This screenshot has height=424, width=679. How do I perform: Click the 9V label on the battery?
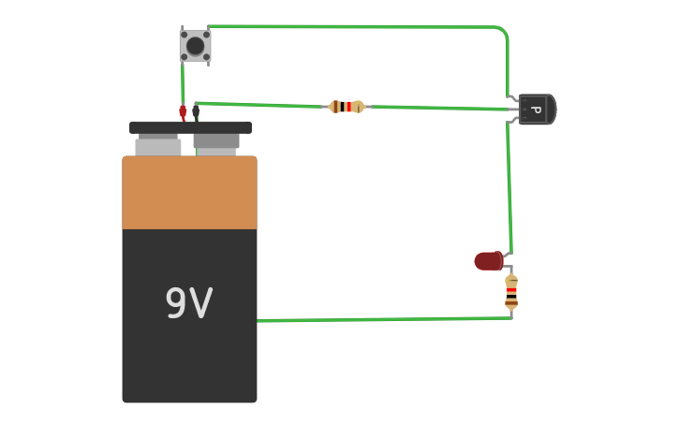click(x=189, y=303)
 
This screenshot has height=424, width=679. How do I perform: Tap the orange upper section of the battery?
click(x=189, y=193)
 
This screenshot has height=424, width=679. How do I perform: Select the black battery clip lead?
click(x=196, y=112)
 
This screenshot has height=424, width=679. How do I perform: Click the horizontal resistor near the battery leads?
click(x=347, y=107)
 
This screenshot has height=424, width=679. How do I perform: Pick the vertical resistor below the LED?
click(x=511, y=292)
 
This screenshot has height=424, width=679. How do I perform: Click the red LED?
click(x=488, y=261)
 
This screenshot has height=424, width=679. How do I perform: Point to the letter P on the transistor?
click(x=536, y=110)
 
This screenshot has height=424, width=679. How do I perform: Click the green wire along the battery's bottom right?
click(x=384, y=319)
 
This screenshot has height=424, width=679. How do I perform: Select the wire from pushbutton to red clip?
click(x=183, y=84)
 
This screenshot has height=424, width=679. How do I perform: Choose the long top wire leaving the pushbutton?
click(x=356, y=26)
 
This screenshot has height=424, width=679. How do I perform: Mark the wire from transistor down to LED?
click(x=509, y=187)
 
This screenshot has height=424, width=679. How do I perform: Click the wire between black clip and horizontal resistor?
click(x=262, y=104)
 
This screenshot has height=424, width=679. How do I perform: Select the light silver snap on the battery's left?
click(x=157, y=146)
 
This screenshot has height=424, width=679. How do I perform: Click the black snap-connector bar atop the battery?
click(x=190, y=127)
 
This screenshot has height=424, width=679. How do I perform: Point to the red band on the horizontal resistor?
click(x=348, y=107)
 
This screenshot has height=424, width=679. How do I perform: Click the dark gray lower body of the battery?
click(x=189, y=365)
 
